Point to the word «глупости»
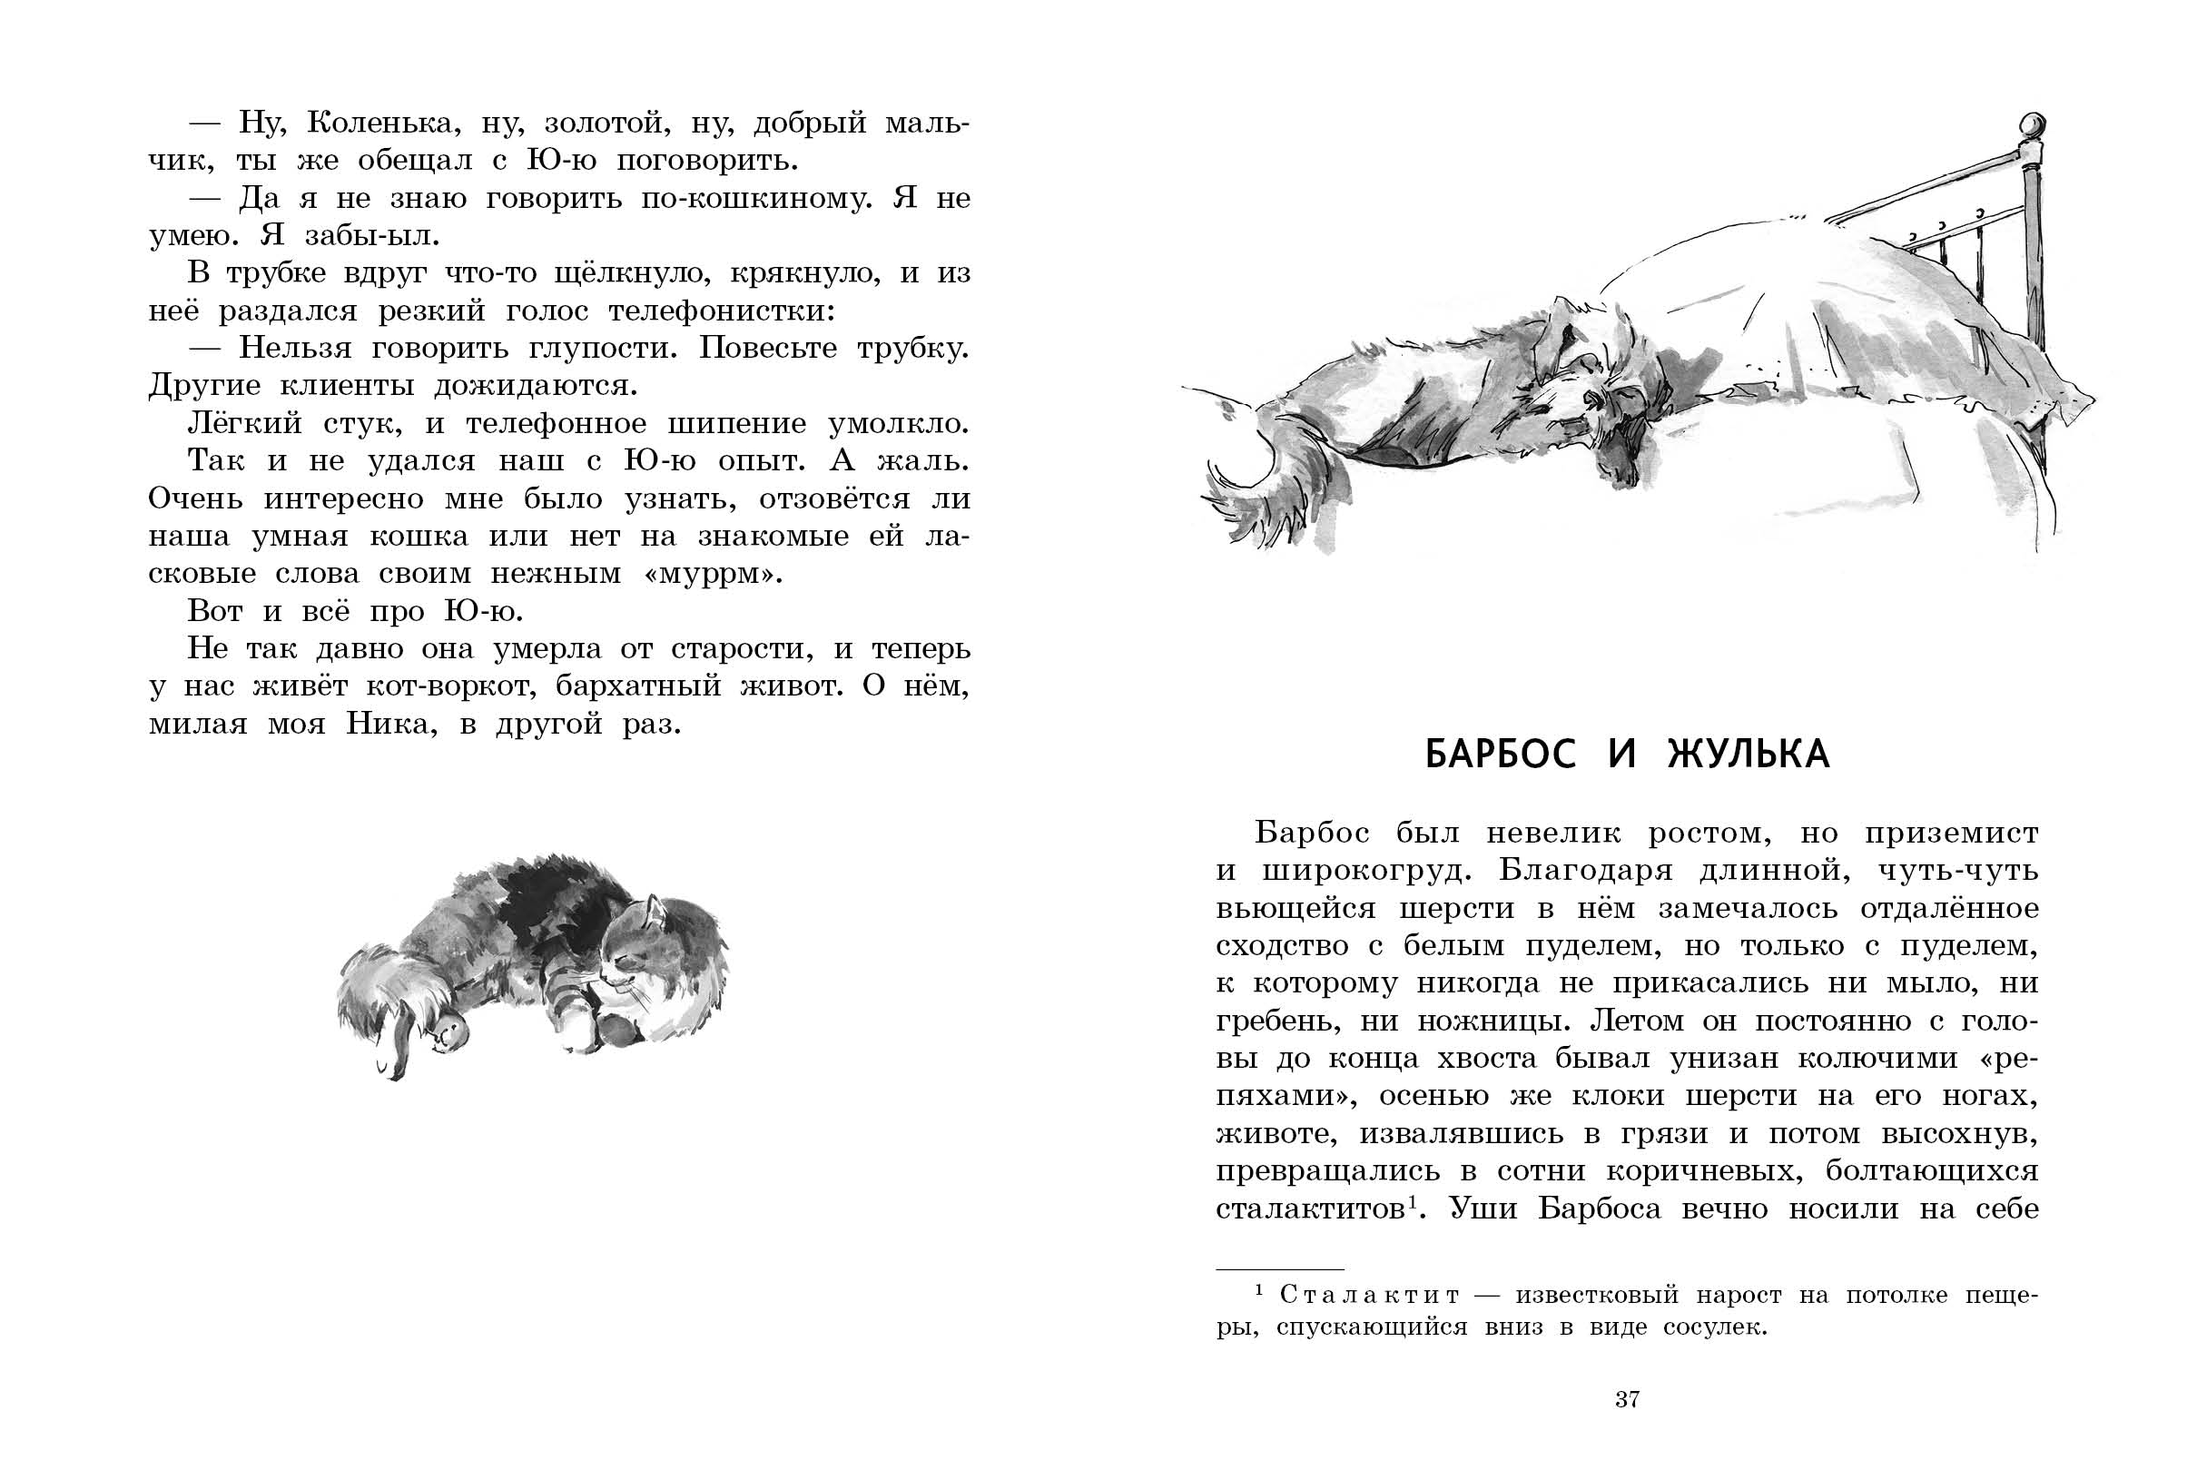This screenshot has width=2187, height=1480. (594, 349)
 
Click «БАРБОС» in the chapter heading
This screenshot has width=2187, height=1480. (1500, 755)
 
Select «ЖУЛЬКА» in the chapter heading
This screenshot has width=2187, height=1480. (1749, 755)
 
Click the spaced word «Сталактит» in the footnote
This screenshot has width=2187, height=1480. (1369, 1296)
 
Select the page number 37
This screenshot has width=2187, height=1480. (1627, 1400)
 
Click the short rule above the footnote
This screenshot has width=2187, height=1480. (1280, 1269)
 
